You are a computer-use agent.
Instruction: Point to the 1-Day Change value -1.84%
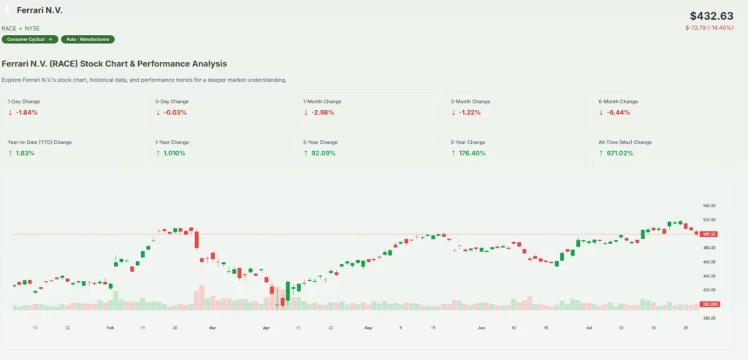click(x=26, y=112)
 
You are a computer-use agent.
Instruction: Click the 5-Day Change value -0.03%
click(x=175, y=112)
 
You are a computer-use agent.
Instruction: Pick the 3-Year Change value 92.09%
click(x=323, y=153)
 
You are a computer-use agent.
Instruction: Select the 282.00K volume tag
click(x=709, y=304)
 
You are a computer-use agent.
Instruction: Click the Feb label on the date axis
click(x=110, y=329)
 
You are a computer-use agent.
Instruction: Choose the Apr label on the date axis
click(x=267, y=329)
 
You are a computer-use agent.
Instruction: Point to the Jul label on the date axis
click(x=588, y=329)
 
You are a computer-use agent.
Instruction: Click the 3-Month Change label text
click(x=470, y=102)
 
